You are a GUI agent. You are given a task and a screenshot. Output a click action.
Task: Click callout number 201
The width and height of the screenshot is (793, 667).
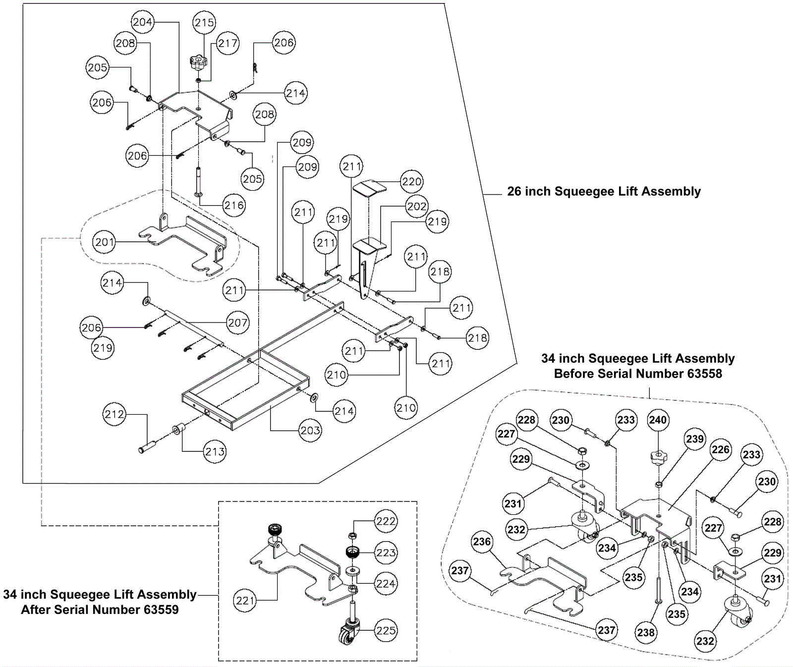point(105,242)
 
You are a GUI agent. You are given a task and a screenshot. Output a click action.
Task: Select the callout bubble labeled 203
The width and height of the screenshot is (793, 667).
point(310,430)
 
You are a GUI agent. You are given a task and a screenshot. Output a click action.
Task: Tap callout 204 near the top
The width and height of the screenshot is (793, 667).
point(143,22)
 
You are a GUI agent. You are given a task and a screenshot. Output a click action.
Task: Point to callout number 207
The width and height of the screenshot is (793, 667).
point(237,323)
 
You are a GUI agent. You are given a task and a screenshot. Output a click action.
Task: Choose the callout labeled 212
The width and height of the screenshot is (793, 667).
point(114,414)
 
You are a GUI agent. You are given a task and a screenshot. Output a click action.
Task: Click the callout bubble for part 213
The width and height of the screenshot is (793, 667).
point(215,451)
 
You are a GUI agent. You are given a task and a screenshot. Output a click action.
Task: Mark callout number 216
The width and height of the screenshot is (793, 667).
point(234,205)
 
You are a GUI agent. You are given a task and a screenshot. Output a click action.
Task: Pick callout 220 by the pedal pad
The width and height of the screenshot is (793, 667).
point(411,181)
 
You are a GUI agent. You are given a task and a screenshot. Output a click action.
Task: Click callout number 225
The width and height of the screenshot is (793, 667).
point(386,630)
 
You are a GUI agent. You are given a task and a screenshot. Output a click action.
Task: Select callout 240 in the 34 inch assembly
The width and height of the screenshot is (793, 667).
point(658,420)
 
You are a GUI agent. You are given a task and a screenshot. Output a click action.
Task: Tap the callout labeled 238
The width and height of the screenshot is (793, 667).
point(646,632)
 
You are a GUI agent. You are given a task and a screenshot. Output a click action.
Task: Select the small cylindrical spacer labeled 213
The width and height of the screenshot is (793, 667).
point(177,429)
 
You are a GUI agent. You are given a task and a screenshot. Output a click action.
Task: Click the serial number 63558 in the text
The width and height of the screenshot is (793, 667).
point(704,374)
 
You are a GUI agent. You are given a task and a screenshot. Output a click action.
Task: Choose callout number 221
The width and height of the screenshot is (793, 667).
point(245,601)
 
